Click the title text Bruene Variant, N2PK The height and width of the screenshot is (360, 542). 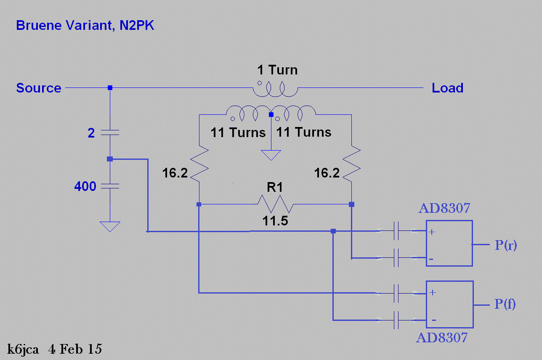pyautogui.click(x=85, y=26)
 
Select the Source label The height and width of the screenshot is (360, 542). pyautogui.click(x=39, y=88)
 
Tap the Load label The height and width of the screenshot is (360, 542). pyautogui.click(x=448, y=88)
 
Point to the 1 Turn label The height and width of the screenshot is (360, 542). pyautogui.click(x=277, y=70)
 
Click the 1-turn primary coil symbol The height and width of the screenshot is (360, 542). pyautogui.click(x=275, y=89)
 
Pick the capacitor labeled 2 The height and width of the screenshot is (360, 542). pyautogui.click(x=110, y=133)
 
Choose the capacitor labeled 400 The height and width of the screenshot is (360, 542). pyautogui.click(x=110, y=185)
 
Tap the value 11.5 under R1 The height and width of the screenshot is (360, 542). pyautogui.click(x=275, y=220)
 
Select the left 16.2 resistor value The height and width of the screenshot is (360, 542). pyautogui.click(x=175, y=173)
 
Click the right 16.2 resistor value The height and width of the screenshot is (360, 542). pyautogui.click(x=327, y=173)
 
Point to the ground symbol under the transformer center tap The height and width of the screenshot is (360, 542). pyautogui.click(x=271, y=155)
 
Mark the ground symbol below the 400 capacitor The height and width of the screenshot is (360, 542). pyautogui.click(x=110, y=227)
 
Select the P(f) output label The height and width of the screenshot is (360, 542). pyautogui.click(x=505, y=304)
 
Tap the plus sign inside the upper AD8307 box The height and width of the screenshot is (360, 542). pyautogui.click(x=432, y=232)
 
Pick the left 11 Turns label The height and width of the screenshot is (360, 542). pyautogui.click(x=238, y=133)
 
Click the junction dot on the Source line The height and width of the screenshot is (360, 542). pyautogui.click(x=110, y=88)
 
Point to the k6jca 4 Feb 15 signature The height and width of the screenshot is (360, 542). pyautogui.click(x=55, y=349)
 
